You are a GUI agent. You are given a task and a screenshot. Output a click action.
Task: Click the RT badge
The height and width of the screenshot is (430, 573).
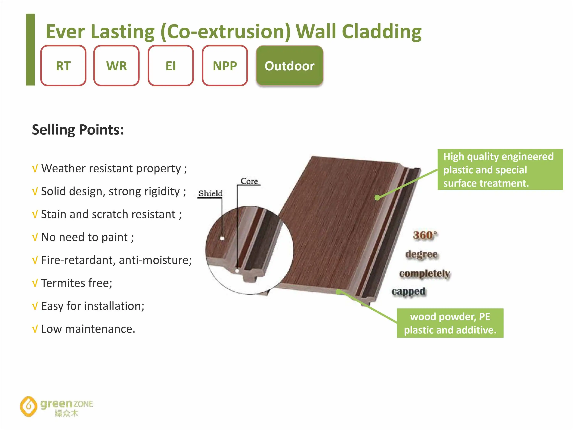click(x=63, y=66)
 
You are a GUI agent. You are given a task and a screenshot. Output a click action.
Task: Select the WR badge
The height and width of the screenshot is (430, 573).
click(x=116, y=66)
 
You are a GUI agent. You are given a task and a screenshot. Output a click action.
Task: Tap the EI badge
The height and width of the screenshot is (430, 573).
click(x=171, y=66)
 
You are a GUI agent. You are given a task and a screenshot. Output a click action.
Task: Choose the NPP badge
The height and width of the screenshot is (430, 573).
click(x=225, y=66)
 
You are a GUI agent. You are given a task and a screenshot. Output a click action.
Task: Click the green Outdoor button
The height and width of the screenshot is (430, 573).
click(x=290, y=66)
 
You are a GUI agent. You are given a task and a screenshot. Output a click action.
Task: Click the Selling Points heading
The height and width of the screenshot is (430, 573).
click(x=78, y=130)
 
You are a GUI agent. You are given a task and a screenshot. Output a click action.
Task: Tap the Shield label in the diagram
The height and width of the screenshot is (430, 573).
click(x=210, y=193)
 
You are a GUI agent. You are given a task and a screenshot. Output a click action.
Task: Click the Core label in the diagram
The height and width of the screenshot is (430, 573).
click(x=249, y=181)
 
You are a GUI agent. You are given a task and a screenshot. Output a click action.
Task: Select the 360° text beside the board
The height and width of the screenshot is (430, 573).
click(x=425, y=235)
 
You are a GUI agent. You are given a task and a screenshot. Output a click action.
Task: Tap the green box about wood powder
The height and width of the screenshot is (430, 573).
click(x=450, y=323)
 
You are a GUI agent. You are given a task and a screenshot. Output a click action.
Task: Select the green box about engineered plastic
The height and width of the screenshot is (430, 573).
click(x=500, y=170)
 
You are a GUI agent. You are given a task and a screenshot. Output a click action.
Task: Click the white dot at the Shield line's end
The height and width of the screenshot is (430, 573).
click(x=222, y=238)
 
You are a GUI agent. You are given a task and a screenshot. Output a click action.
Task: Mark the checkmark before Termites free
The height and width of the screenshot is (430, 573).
click(x=35, y=283)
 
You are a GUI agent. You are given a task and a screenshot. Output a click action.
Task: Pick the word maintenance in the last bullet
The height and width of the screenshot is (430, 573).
click(x=100, y=329)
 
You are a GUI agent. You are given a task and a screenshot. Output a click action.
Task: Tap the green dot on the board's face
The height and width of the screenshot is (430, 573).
click(x=377, y=197)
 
